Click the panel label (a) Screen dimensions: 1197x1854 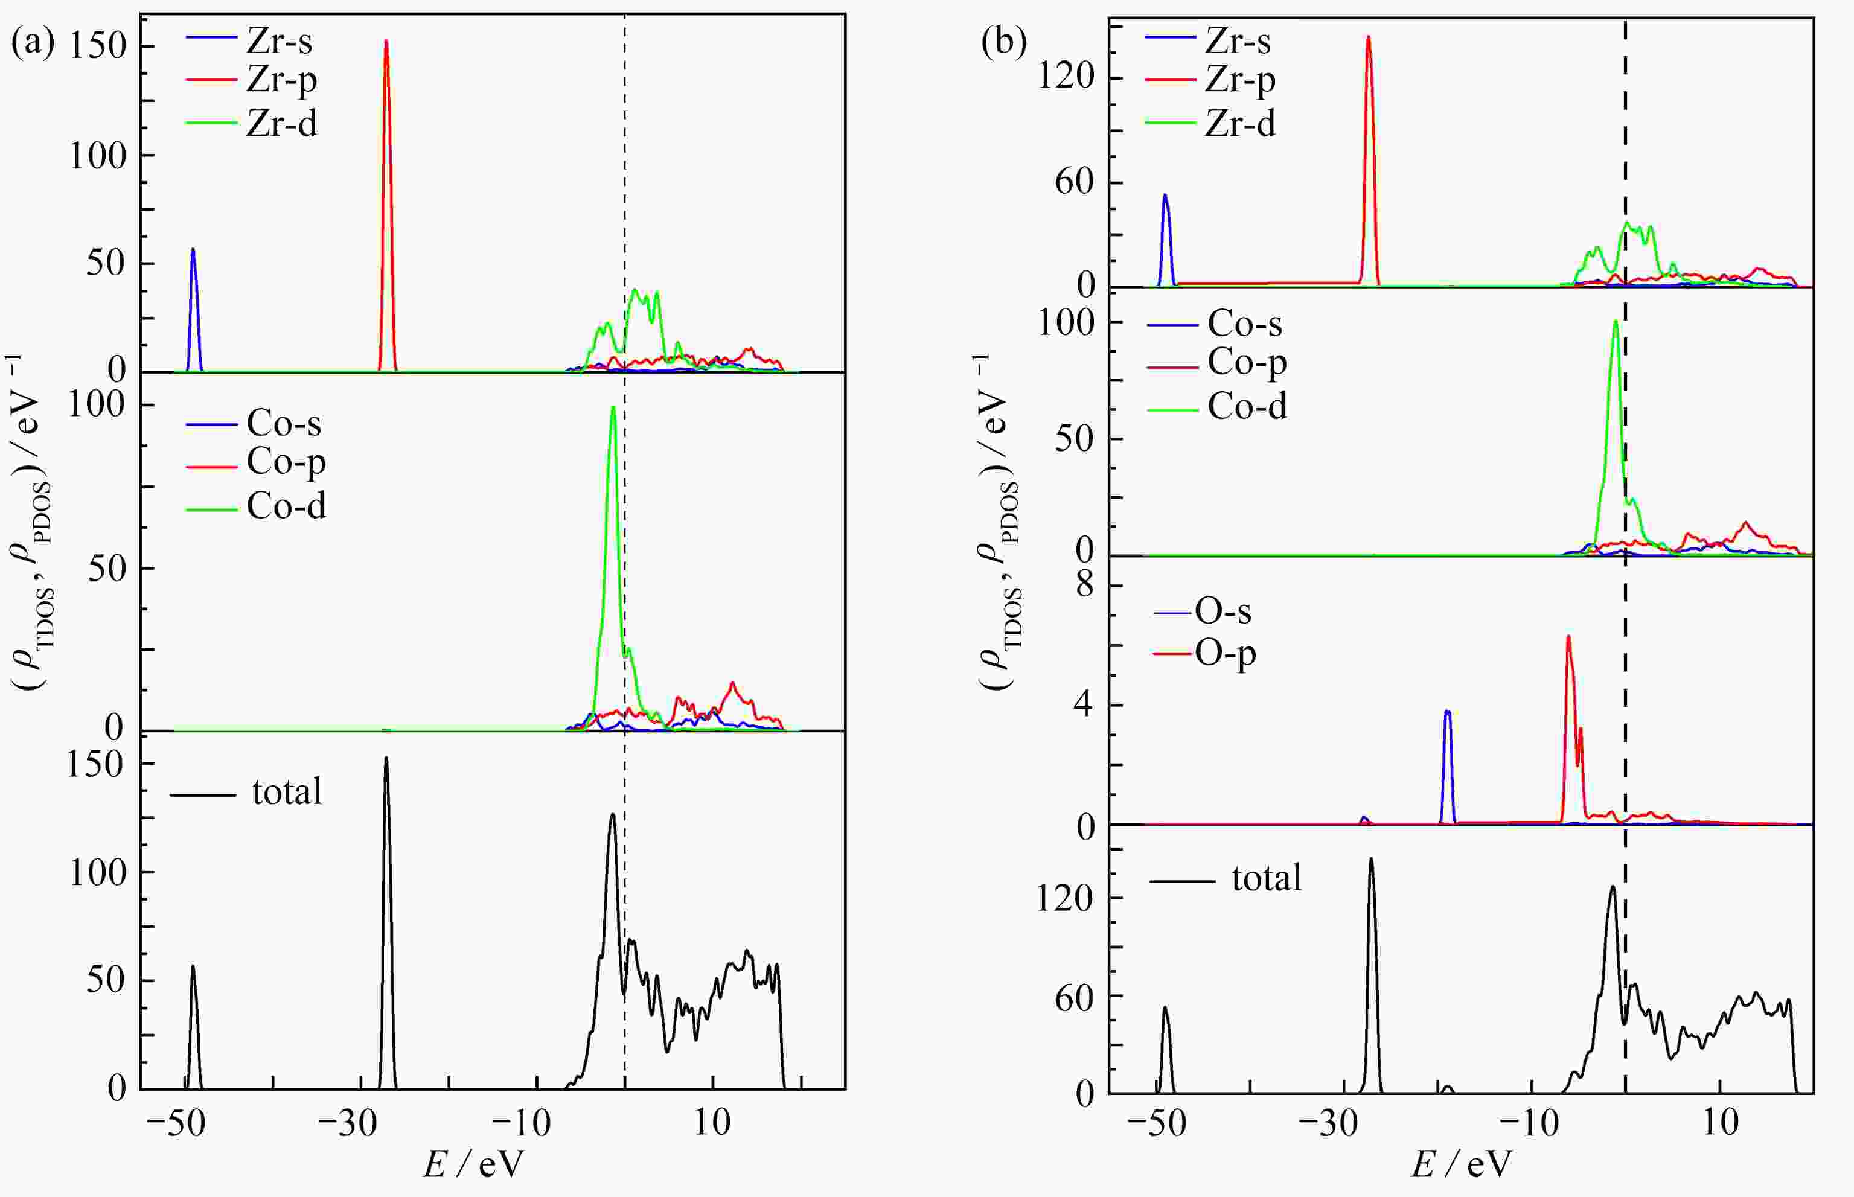33,43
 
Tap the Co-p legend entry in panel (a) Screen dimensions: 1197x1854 286,462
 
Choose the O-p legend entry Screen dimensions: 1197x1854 1225,654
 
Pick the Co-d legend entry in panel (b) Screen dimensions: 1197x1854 1247,406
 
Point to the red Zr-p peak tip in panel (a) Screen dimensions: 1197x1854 386,41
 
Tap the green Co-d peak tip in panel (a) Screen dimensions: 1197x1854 613,407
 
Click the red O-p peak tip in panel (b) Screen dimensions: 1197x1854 1568,637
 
